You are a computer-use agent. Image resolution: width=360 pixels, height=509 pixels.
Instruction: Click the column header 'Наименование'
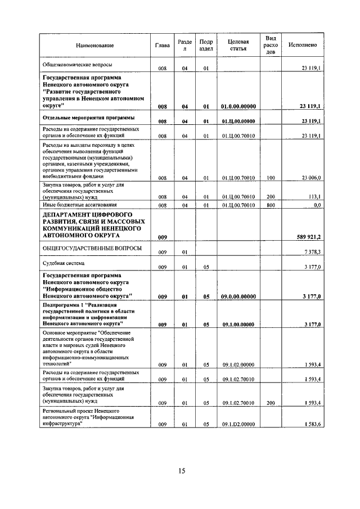click(95, 45)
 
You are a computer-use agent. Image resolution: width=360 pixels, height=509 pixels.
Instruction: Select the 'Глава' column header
click(162, 45)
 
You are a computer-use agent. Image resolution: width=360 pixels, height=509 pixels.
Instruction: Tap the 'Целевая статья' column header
click(238, 45)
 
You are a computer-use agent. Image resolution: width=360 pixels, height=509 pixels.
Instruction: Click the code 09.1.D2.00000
click(238, 424)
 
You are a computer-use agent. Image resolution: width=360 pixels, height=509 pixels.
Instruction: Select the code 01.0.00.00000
click(238, 106)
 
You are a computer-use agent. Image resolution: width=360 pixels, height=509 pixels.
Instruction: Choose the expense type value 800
click(271, 205)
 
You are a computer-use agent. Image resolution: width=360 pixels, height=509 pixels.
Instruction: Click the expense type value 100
click(271, 178)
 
